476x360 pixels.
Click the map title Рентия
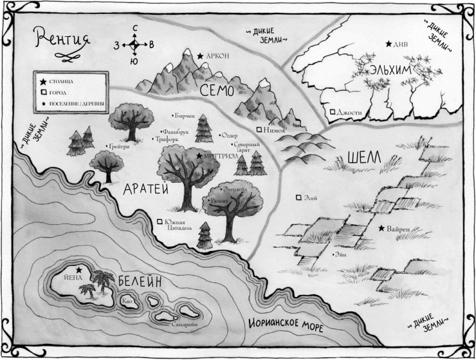click(x=62, y=40)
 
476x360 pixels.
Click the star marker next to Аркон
click(x=200, y=55)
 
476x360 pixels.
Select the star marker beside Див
click(x=389, y=44)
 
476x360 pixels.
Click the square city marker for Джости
click(x=332, y=112)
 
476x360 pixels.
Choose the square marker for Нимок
click(x=259, y=129)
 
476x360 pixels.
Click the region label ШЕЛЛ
click(x=365, y=158)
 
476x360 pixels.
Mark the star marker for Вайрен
click(x=382, y=229)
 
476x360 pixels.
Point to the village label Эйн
click(x=343, y=254)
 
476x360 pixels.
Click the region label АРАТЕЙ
click(x=144, y=189)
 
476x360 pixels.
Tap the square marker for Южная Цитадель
click(x=160, y=222)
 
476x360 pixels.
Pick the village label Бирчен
click(x=184, y=115)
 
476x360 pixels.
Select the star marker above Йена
click(x=79, y=270)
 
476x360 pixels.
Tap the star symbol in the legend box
click(x=43, y=81)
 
